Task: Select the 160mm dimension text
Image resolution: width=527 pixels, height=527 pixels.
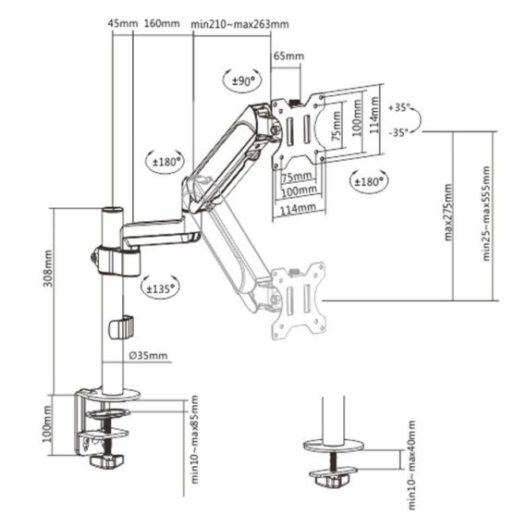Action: click(161, 22)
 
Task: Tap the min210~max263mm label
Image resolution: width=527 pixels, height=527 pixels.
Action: click(240, 22)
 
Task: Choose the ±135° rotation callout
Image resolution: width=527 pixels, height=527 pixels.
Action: click(162, 288)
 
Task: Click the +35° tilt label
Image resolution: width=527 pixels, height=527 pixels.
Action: click(402, 106)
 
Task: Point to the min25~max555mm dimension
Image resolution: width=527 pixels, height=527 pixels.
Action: click(487, 214)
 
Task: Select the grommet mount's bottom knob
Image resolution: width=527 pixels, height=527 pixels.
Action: click(331, 480)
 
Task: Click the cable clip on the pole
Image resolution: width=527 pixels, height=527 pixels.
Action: click(120, 328)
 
